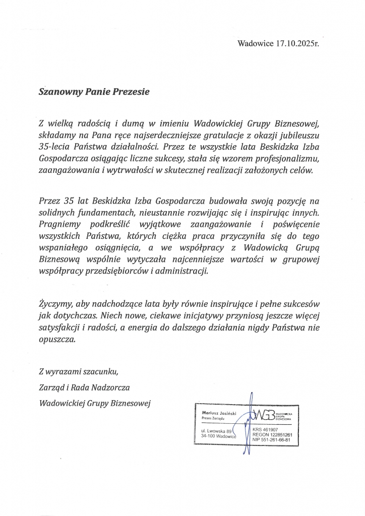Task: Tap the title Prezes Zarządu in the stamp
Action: (213, 419)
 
